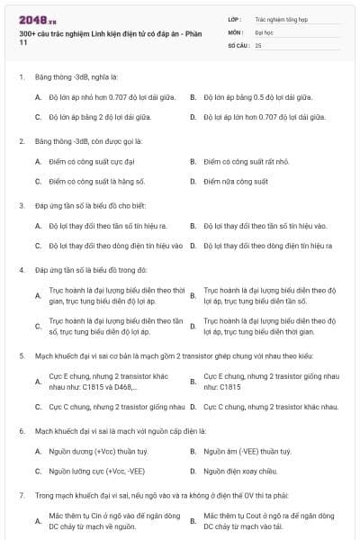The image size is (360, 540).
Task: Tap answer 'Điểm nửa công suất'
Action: coord(236,182)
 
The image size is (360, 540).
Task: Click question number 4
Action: coord(21,270)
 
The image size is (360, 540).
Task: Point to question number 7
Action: coord(21,495)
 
